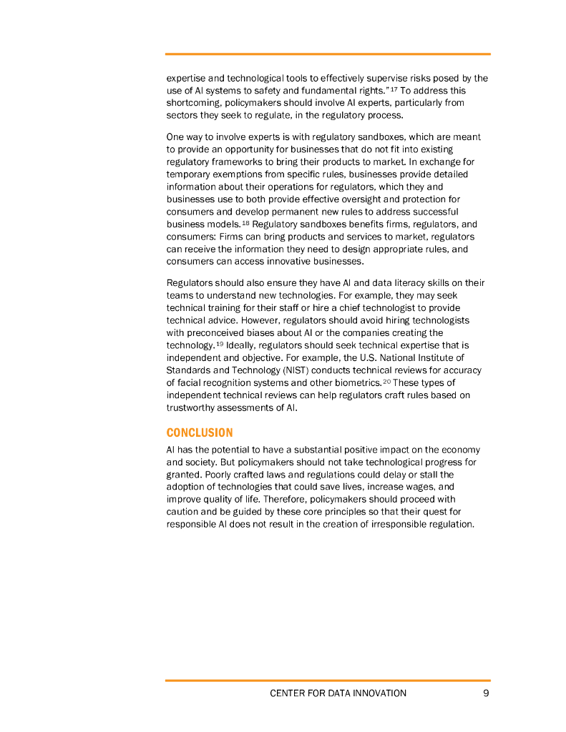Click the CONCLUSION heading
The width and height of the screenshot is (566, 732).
(200, 433)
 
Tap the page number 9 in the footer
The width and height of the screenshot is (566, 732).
(486, 693)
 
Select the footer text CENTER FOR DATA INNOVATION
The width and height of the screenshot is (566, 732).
(338, 693)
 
